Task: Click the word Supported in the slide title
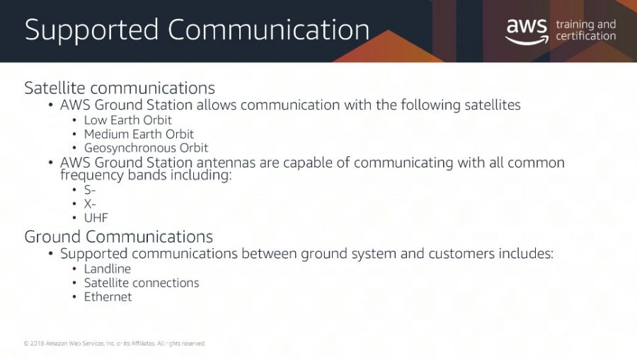[91, 30]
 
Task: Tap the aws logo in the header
[527, 31]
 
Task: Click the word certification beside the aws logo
[586, 36]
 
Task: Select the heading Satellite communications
[120, 88]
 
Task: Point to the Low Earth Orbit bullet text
[127, 120]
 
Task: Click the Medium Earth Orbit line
[139, 134]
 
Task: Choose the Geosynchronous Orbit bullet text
[146, 148]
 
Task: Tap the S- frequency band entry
[90, 190]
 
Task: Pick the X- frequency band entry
[90, 204]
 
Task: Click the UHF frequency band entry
[96, 218]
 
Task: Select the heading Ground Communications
[119, 237]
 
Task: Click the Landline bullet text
[108, 269]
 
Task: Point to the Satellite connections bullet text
[142, 282]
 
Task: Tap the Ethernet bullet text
[108, 296]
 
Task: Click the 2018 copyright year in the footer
[37, 343]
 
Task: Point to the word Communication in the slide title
[268, 30]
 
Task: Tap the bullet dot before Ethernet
[74, 296]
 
